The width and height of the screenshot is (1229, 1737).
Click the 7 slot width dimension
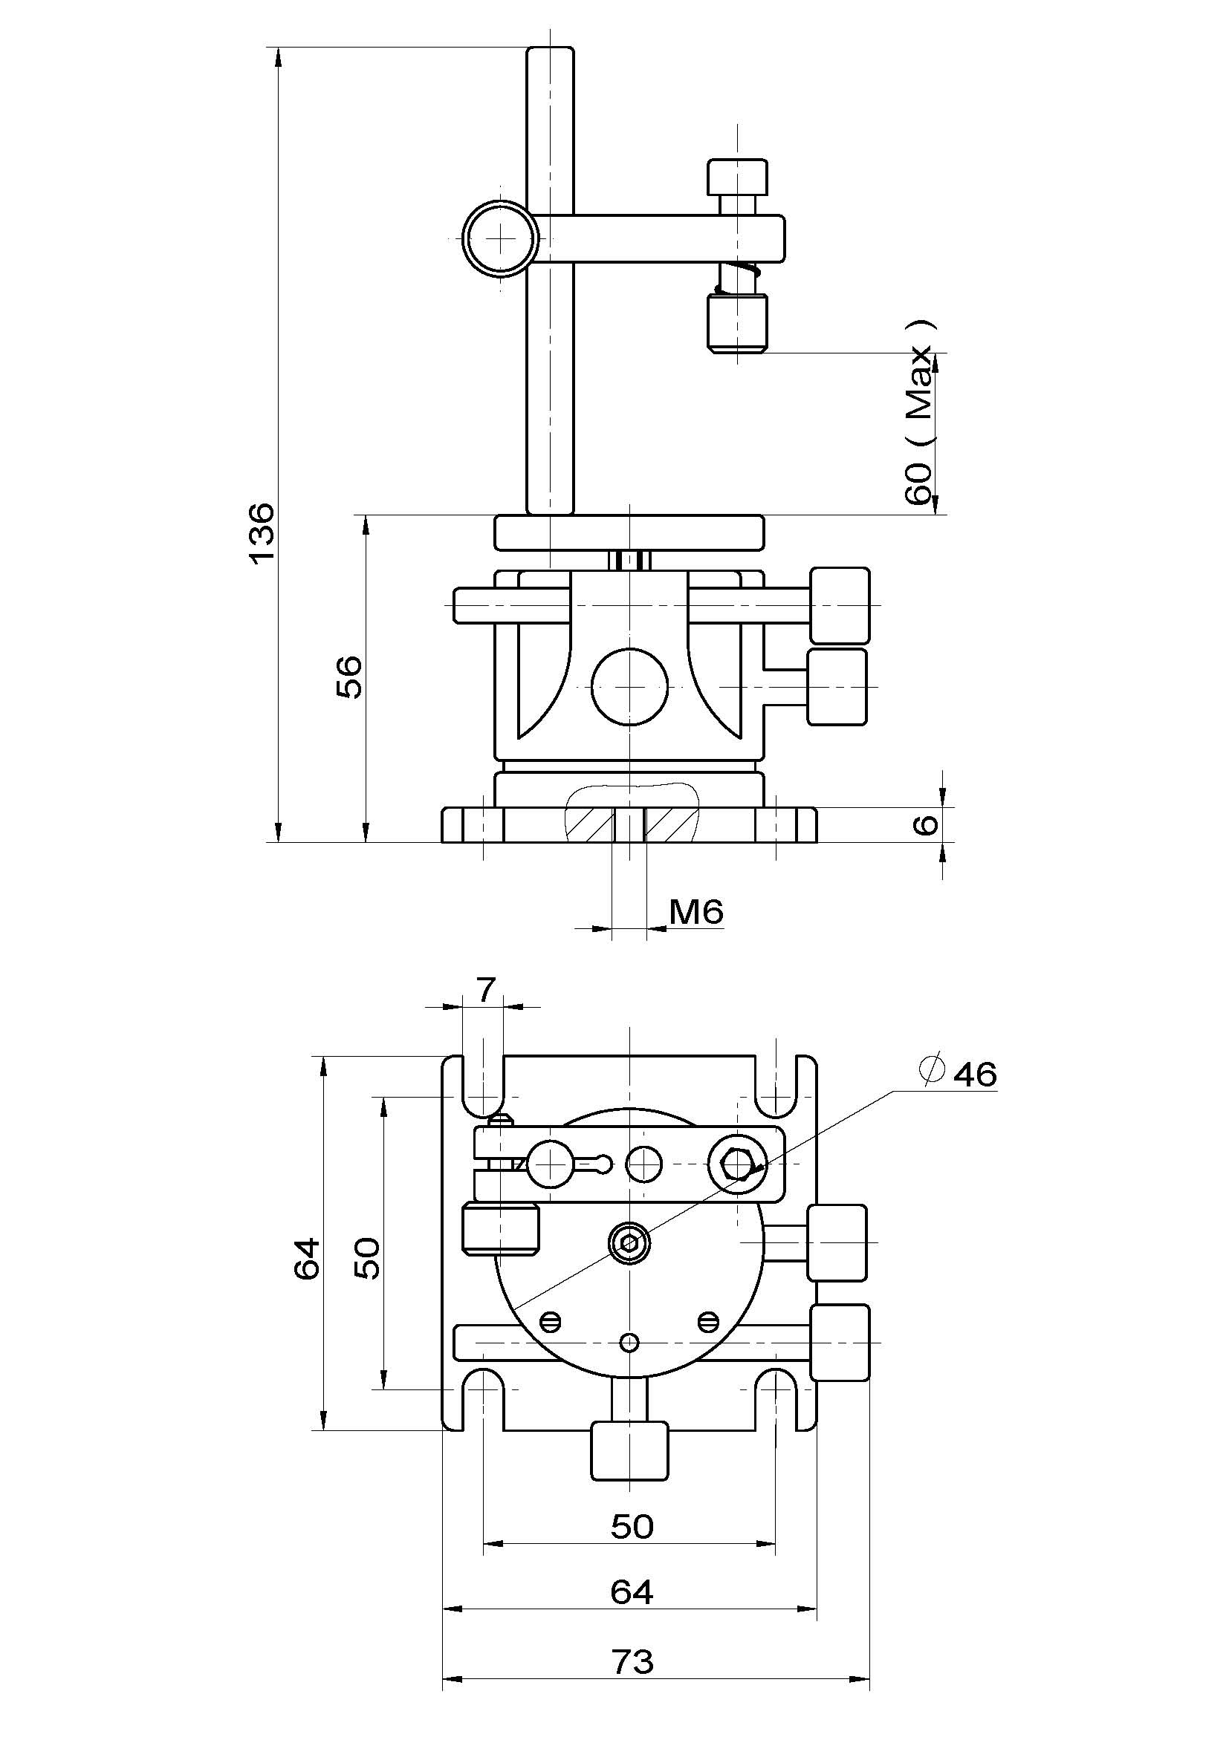[485, 988]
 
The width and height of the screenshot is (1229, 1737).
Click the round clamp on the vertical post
[500, 238]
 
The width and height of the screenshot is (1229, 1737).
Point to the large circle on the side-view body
[629, 686]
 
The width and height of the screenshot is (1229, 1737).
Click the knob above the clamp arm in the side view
[737, 176]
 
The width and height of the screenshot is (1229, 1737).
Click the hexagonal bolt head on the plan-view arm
[737, 1166]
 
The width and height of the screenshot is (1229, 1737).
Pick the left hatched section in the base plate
[591, 824]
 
